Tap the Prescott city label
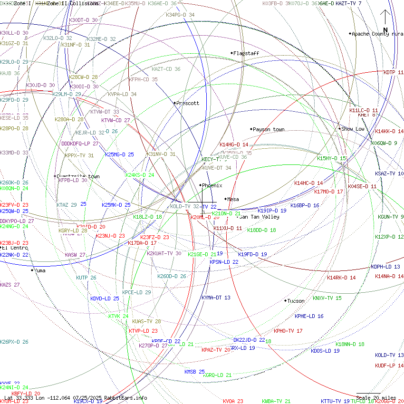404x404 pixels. click(x=188, y=103)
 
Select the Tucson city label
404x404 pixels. click(x=296, y=301)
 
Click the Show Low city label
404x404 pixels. click(x=353, y=129)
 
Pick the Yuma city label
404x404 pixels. click(x=40, y=270)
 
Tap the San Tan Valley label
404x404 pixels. click(x=260, y=217)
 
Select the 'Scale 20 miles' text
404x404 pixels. click(x=376, y=398)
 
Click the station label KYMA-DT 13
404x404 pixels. click(x=216, y=298)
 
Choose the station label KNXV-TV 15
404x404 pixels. click(x=327, y=298)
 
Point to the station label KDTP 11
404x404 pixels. click(x=393, y=72)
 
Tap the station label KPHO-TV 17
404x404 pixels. click(x=288, y=331)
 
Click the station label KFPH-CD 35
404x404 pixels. click(x=143, y=79)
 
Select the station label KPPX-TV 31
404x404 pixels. click(x=79, y=155)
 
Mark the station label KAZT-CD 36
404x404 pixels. click(x=166, y=69)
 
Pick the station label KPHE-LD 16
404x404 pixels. click(x=309, y=316)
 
